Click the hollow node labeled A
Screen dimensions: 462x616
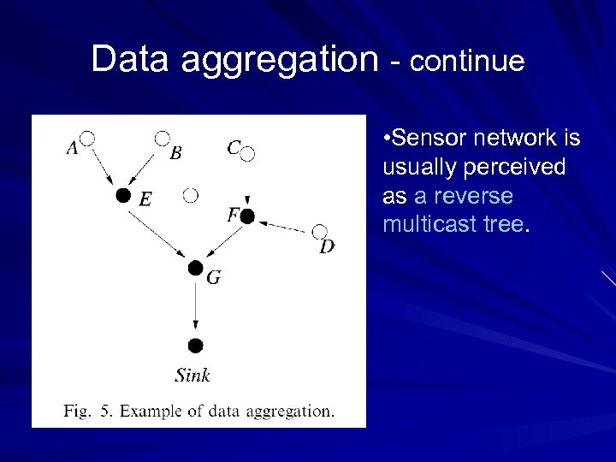(x=86, y=138)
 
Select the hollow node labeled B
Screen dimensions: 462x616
(x=162, y=137)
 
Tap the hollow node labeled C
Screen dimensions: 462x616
(x=248, y=154)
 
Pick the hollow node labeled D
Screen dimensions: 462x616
(x=320, y=231)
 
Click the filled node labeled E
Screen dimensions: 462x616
(x=123, y=196)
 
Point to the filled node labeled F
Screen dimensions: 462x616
(x=247, y=216)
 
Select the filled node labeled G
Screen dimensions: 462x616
(x=196, y=268)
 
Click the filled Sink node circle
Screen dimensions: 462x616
(x=195, y=346)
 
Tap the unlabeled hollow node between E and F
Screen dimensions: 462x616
(x=191, y=196)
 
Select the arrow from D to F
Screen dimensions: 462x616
(x=283, y=225)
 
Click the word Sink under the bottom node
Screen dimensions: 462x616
(x=192, y=375)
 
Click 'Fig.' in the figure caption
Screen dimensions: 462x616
(x=76, y=412)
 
